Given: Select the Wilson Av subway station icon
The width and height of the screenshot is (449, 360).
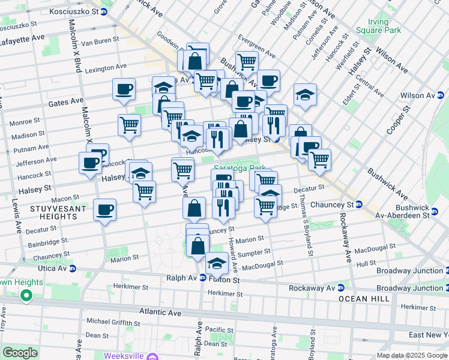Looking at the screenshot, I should (x=440, y=95).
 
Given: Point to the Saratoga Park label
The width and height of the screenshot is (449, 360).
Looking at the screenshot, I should (x=240, y=169).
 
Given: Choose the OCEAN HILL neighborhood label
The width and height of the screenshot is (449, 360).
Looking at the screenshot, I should (x=361, y=299).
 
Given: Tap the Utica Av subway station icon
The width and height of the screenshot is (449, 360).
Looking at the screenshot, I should (x=73, y=269).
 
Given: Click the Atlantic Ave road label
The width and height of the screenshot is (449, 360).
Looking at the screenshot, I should (x=160, y=312).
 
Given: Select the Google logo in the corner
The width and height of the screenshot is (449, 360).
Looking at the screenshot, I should (x=20, y=353).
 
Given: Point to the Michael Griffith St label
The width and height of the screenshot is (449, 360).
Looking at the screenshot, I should (x=114, y=321).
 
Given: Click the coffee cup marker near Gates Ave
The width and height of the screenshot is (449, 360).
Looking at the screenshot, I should (x=124, y=89).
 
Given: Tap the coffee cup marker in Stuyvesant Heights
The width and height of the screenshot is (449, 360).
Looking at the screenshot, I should (x=105, y=210).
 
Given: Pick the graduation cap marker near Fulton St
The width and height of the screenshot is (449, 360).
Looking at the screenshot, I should (x=217, y=263).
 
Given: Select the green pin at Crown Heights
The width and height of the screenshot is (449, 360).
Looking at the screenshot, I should (x=26, y=296).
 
